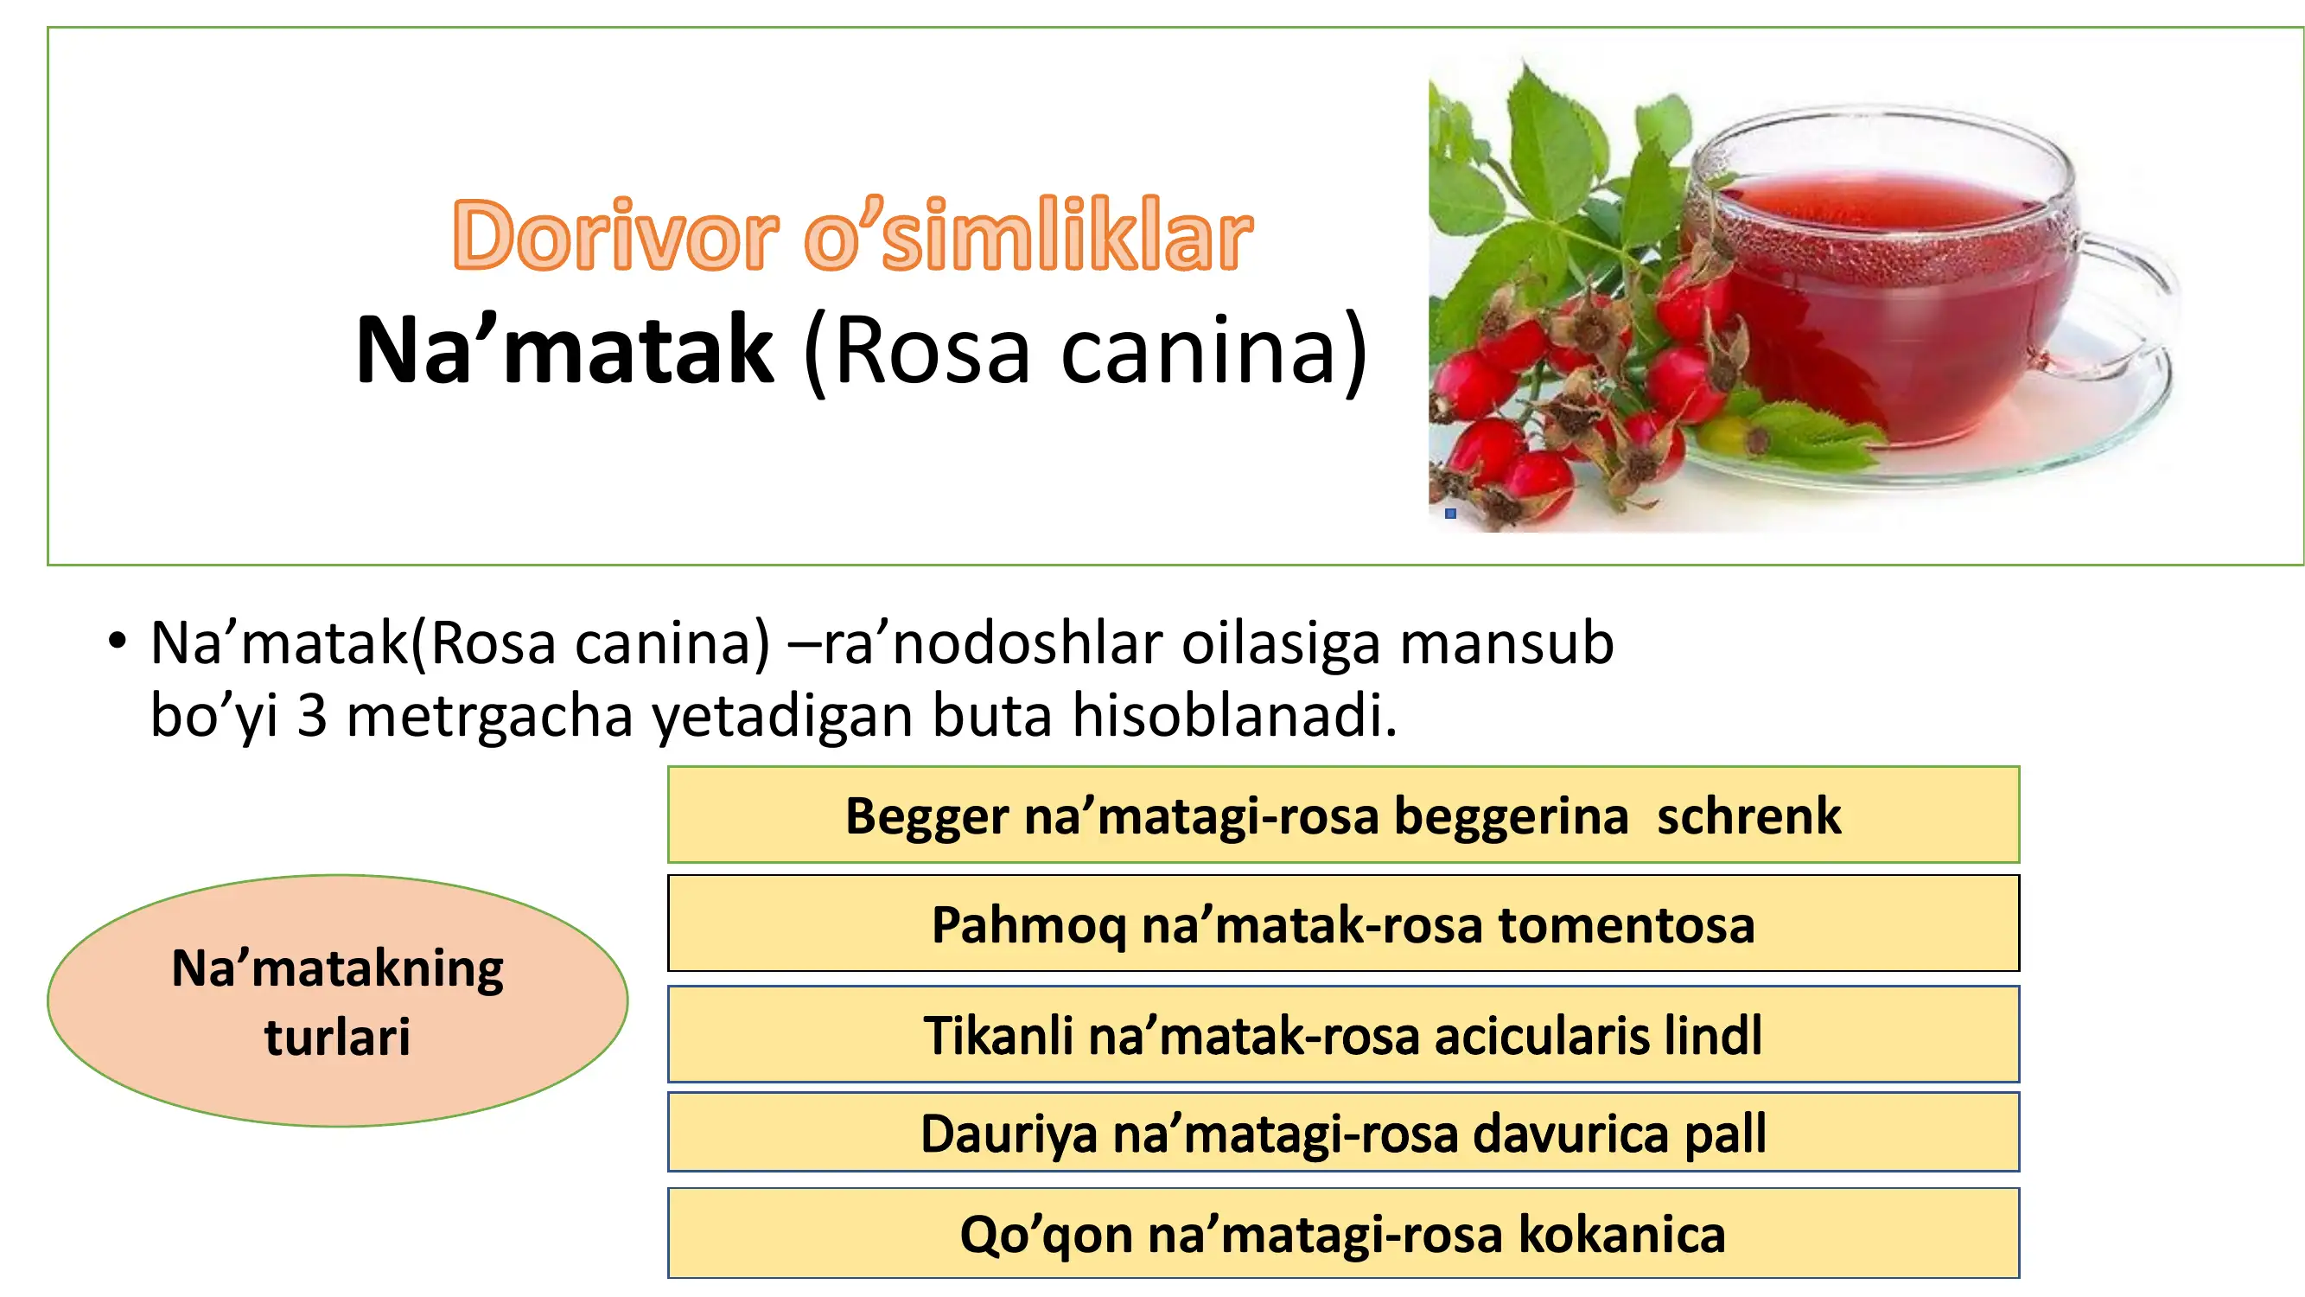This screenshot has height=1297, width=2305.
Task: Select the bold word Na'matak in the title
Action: coord(564,350)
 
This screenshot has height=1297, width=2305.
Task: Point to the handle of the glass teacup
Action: coord(2134,296)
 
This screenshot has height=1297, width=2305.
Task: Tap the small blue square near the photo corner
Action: coord(1450,514)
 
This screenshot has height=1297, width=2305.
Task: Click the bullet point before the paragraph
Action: coord(117,641)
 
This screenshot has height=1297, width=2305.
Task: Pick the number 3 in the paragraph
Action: coord(311,715)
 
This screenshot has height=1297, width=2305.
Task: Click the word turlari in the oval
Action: coord(337,1038)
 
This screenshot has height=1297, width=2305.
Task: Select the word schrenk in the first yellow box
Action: coord(1749,815)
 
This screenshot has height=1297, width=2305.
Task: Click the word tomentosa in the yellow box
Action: coord(1627,924)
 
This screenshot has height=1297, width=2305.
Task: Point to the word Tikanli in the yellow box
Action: coord(998,1036)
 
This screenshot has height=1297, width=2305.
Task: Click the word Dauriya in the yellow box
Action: coord(1009,1134)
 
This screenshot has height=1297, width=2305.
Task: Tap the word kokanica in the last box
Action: coord(1622,1235)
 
